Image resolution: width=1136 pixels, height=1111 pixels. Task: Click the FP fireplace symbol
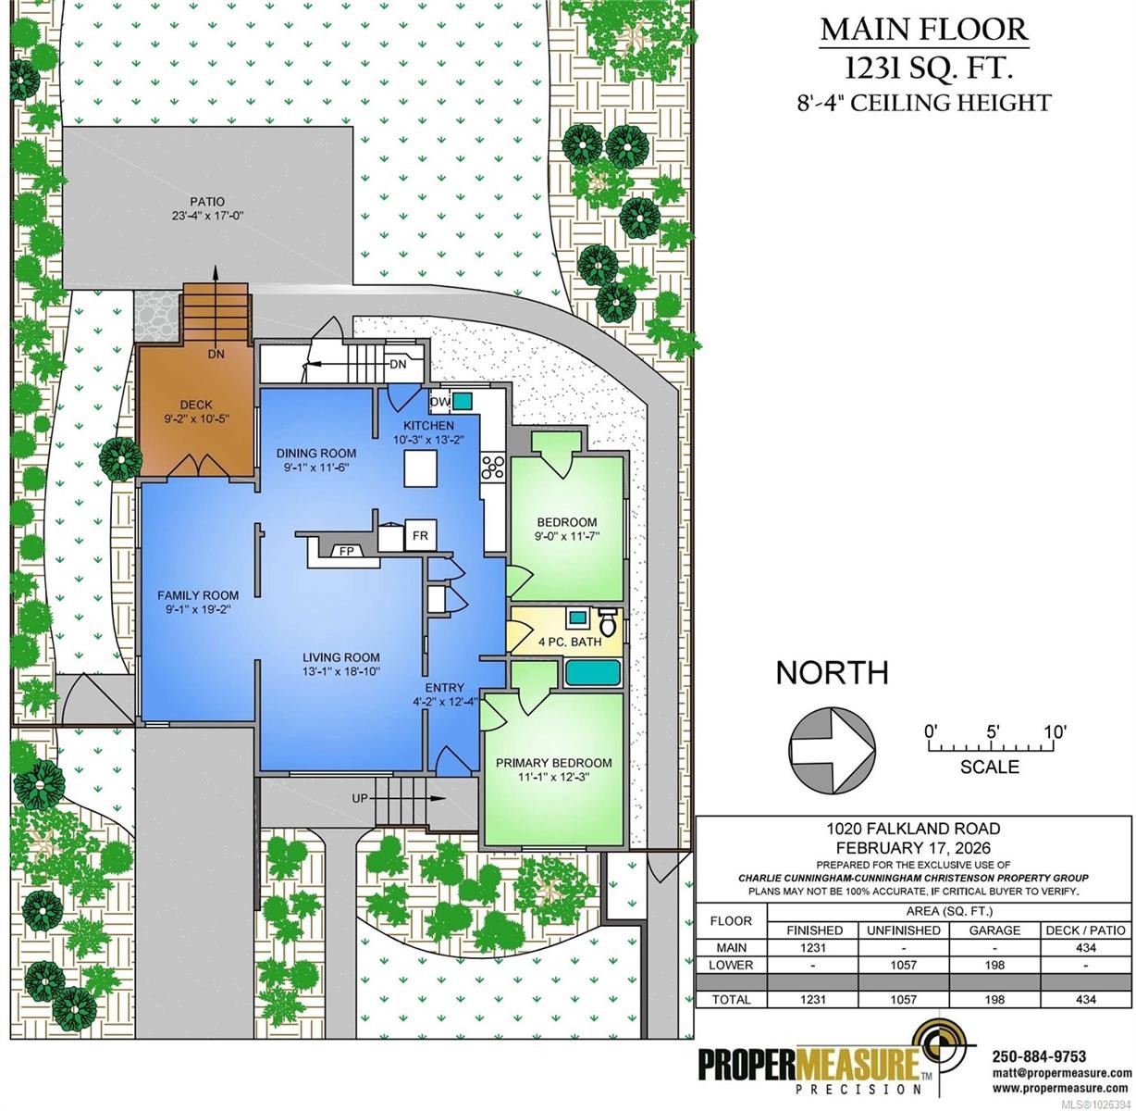pyautogui.click(x=347, y=550)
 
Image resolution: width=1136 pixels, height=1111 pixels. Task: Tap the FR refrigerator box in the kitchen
pyautogui.click(x=420, y=534)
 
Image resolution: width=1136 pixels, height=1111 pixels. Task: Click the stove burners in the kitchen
pyautogui.click(x=493, y=467)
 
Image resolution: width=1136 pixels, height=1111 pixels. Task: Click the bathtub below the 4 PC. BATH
pyautogui.click(x=593, y=672)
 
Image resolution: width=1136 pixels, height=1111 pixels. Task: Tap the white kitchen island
pyautogui.click(x=420, y=468)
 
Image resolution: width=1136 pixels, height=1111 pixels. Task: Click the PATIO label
pyautogui.click(x=207, y=202)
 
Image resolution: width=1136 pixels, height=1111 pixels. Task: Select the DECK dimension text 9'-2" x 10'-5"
pyautogui.click(x=197, y=418)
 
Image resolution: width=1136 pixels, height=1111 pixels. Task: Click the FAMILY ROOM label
pyautogui.click(x=198, y=595)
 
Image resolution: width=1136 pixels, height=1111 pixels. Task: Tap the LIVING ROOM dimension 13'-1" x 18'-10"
pyautogui.click(x=341, y=671)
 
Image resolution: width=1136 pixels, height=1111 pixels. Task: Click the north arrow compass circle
pyautogui.click(x=832, y=750)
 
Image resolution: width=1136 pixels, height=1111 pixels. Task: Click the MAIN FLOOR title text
pyautogui.click(x=924, y=30)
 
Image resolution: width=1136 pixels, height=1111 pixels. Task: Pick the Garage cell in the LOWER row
pyautogui.click(x=994, y=965)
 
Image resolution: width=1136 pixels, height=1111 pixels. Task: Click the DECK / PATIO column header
pyautogui.click(x=1085, y=930)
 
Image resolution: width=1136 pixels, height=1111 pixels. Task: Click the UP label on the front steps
pyautogui.click(x=360, y=797)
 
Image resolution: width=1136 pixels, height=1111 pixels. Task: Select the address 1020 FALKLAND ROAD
pyautogui.click(x=913, y=829)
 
